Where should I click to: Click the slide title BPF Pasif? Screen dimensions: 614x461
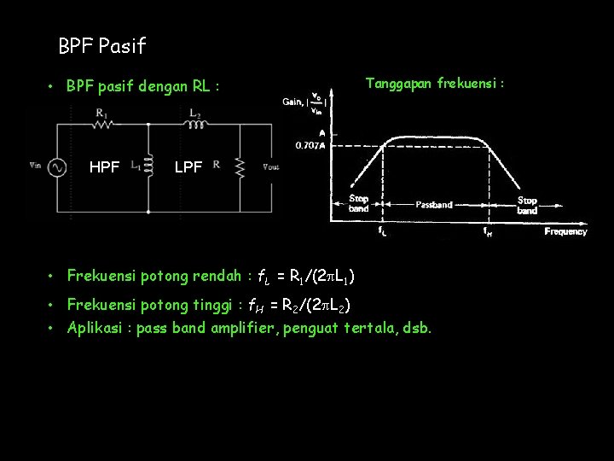click(102, 44)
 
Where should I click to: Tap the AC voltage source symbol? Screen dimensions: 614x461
click(58, 167)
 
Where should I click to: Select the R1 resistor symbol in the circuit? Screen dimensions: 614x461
click(102, 124)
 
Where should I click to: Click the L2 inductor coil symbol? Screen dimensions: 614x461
click(198, 124)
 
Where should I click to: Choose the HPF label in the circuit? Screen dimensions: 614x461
click(104, 168)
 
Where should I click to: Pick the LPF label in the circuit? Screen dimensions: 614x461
click(188, 168)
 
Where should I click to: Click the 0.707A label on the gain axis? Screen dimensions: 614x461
click(310, 145)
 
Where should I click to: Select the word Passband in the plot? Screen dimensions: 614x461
click(433, 205)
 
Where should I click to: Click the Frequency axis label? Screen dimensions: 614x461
click(565, 231)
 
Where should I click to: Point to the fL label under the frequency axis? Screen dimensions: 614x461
click(381, 230)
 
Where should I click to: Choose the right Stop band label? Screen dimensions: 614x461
click(527, 205)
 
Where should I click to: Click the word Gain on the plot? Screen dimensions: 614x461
click(293, 102)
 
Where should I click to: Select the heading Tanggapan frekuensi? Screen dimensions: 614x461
click(435, 84)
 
